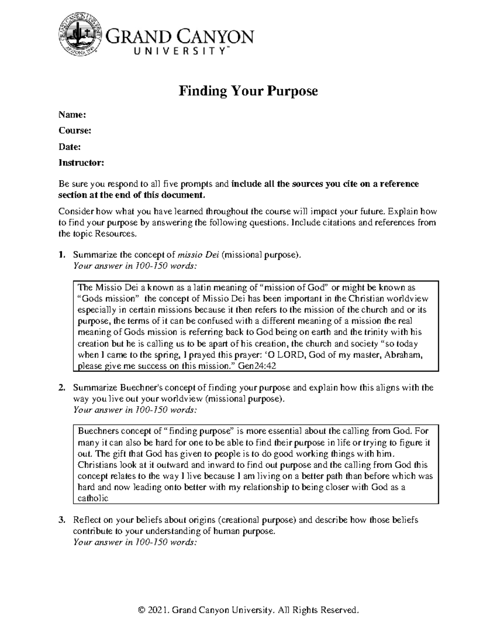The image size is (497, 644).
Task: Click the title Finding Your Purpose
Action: [x=248, y=91]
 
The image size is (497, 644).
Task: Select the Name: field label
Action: [x=72, y=114]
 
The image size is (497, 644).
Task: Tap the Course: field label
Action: [x=75, y=131]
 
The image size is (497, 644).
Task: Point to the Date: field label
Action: [x=69, y=147]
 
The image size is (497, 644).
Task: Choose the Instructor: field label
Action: [x=81, y=163]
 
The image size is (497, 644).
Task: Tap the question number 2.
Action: [x=61, y=388]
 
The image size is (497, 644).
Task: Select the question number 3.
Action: [x=61, y=520]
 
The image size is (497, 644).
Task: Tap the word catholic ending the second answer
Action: [x=93, y=498]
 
